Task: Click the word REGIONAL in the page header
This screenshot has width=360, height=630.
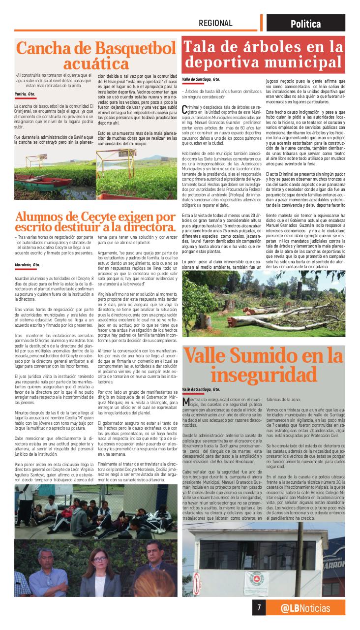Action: click(215, 23)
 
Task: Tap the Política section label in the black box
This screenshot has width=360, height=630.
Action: click(305, 24)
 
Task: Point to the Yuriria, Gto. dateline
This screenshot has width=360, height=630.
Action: click(25, 94)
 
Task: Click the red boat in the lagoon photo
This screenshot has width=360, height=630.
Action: click(42, 182)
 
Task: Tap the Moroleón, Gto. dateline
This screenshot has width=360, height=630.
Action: click(28, 264)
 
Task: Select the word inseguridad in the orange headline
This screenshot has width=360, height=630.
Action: click(263, 375)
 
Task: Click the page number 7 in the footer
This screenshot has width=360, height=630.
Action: click(259, 607)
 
